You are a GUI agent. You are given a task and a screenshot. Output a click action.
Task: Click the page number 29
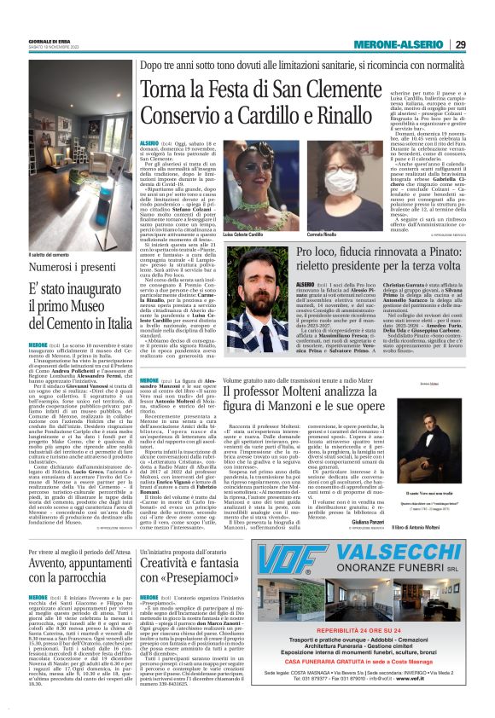(x=459, y=44)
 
